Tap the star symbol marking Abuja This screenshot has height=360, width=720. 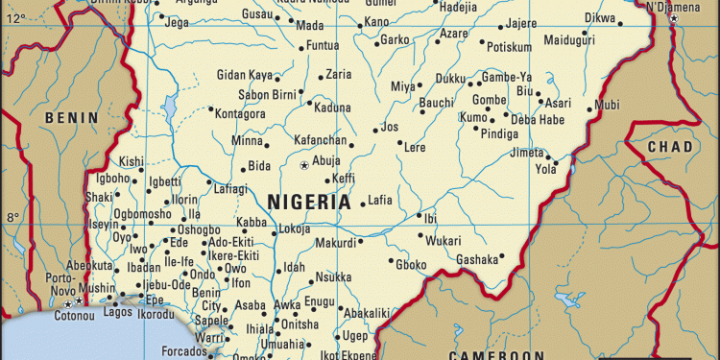click(305, 166)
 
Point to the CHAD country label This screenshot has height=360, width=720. click(669, 147)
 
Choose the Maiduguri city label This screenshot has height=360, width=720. click(569, 40)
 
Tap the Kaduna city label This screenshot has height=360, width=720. click(333, 108)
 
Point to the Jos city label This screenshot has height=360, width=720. click(389, 127)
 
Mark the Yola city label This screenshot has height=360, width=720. click(545, 169)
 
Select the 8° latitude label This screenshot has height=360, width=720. click(12, 217)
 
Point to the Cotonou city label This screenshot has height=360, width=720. click(48, 315)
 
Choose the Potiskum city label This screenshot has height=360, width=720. click(509, 46)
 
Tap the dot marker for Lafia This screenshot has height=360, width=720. click(363, 204)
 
